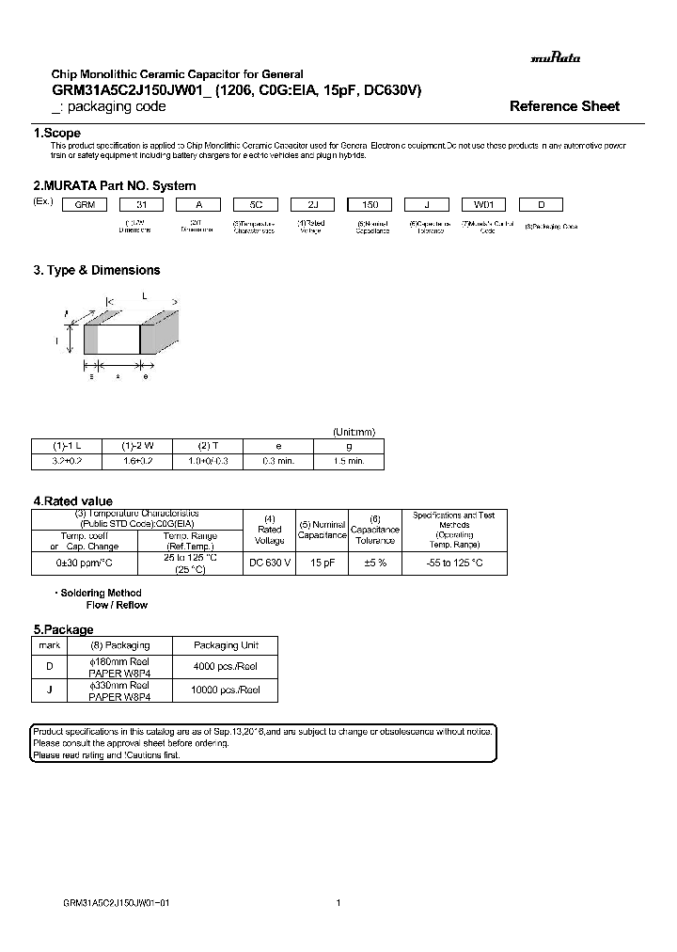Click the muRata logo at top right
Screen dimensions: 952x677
coord(555,58)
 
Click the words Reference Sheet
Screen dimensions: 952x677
coord(564,106)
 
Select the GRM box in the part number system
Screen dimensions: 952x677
coord(85,204)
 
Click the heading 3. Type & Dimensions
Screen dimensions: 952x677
coord(97,270)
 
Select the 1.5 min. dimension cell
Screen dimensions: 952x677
coord(349,461)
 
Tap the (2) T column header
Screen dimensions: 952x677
coord(208,445)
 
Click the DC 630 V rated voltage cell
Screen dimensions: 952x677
coord(270,563)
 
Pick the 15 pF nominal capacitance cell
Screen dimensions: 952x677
coord(323,563)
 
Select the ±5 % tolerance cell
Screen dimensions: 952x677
coord(374,563)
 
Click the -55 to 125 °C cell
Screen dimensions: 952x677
coord(454,563)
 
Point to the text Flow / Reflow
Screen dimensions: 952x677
coord(117,605)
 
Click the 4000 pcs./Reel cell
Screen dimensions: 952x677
coord(226,666)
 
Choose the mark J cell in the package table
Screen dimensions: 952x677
coord(49,690)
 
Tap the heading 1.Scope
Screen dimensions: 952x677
coord(56,134)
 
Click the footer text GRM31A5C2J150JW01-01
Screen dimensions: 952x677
coord(116,902)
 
